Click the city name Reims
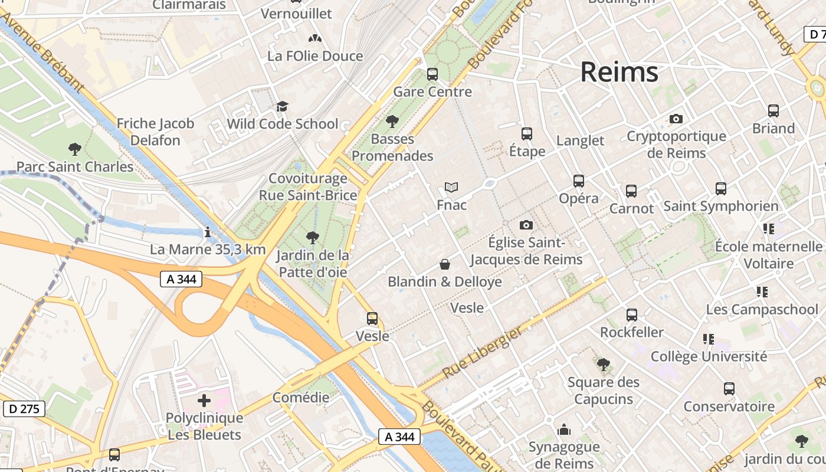(x=619, y=72)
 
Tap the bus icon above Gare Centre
(x=432, y=74)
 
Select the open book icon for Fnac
(x=451, y=188)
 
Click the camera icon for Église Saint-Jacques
(x=526, y=225)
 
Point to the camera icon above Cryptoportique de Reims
(x=676, y=119)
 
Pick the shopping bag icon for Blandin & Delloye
(x=445, y=264)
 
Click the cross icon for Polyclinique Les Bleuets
(x=204, y=401)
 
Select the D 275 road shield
(x=24, y=408)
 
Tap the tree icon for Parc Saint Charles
(x=74, y=149)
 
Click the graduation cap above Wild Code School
(x=283, y=107)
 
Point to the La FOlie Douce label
(x=315, y=56)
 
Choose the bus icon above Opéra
(x=579, y=181)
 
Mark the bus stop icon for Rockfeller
(x=632, y=315)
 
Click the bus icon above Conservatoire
(x=729, y=389)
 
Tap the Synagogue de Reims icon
(x=564, y=429)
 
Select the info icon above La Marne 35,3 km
(x=207, y=232)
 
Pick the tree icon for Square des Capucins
(x=603, y=365)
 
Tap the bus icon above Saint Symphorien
(x=721, y=189)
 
